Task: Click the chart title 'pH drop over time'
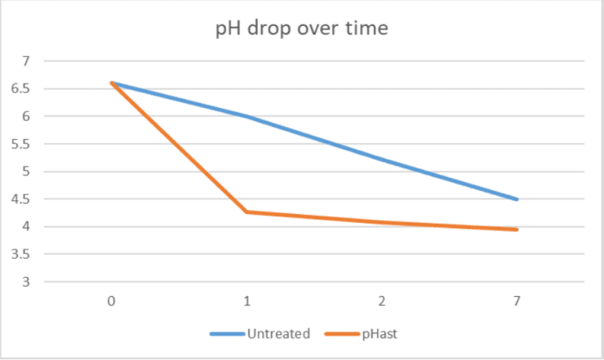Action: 301,28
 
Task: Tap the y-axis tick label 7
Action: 26,61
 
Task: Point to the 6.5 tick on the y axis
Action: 22,89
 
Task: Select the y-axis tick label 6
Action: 26,117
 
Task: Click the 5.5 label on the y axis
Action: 22,144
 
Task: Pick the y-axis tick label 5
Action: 26,172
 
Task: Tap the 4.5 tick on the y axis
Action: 22,199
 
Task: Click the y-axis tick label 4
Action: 26,227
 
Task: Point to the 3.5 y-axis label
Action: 22,255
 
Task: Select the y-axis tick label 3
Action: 26,282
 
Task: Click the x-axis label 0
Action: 111,300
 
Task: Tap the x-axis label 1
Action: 247,300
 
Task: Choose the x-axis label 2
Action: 381,300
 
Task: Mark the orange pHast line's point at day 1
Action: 247,212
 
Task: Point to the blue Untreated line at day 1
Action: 247,117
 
